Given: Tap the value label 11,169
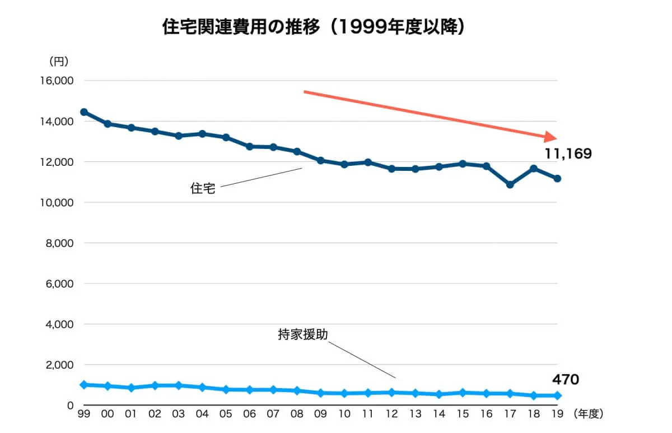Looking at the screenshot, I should [x=568, y=154].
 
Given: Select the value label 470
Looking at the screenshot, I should [x=565, y=380].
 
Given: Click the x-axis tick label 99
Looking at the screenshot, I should [x=84, y=415].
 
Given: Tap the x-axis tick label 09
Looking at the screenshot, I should [x=321, y=415].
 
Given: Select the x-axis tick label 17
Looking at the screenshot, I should [x=510, y=415].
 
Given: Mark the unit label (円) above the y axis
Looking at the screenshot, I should [x=59, y=61].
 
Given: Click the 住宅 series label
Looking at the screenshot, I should [x=203, y=189].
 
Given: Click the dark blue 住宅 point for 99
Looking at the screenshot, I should [x=84, y=112].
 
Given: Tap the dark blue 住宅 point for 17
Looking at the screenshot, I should [x=510, y=184].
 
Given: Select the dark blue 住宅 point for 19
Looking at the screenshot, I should [x=558, y=179].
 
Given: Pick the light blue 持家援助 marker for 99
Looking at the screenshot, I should [x=84, y=385].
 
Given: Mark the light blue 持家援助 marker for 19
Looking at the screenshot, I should [x=558, y=395].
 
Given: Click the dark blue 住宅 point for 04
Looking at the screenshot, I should [x=202, y=134].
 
